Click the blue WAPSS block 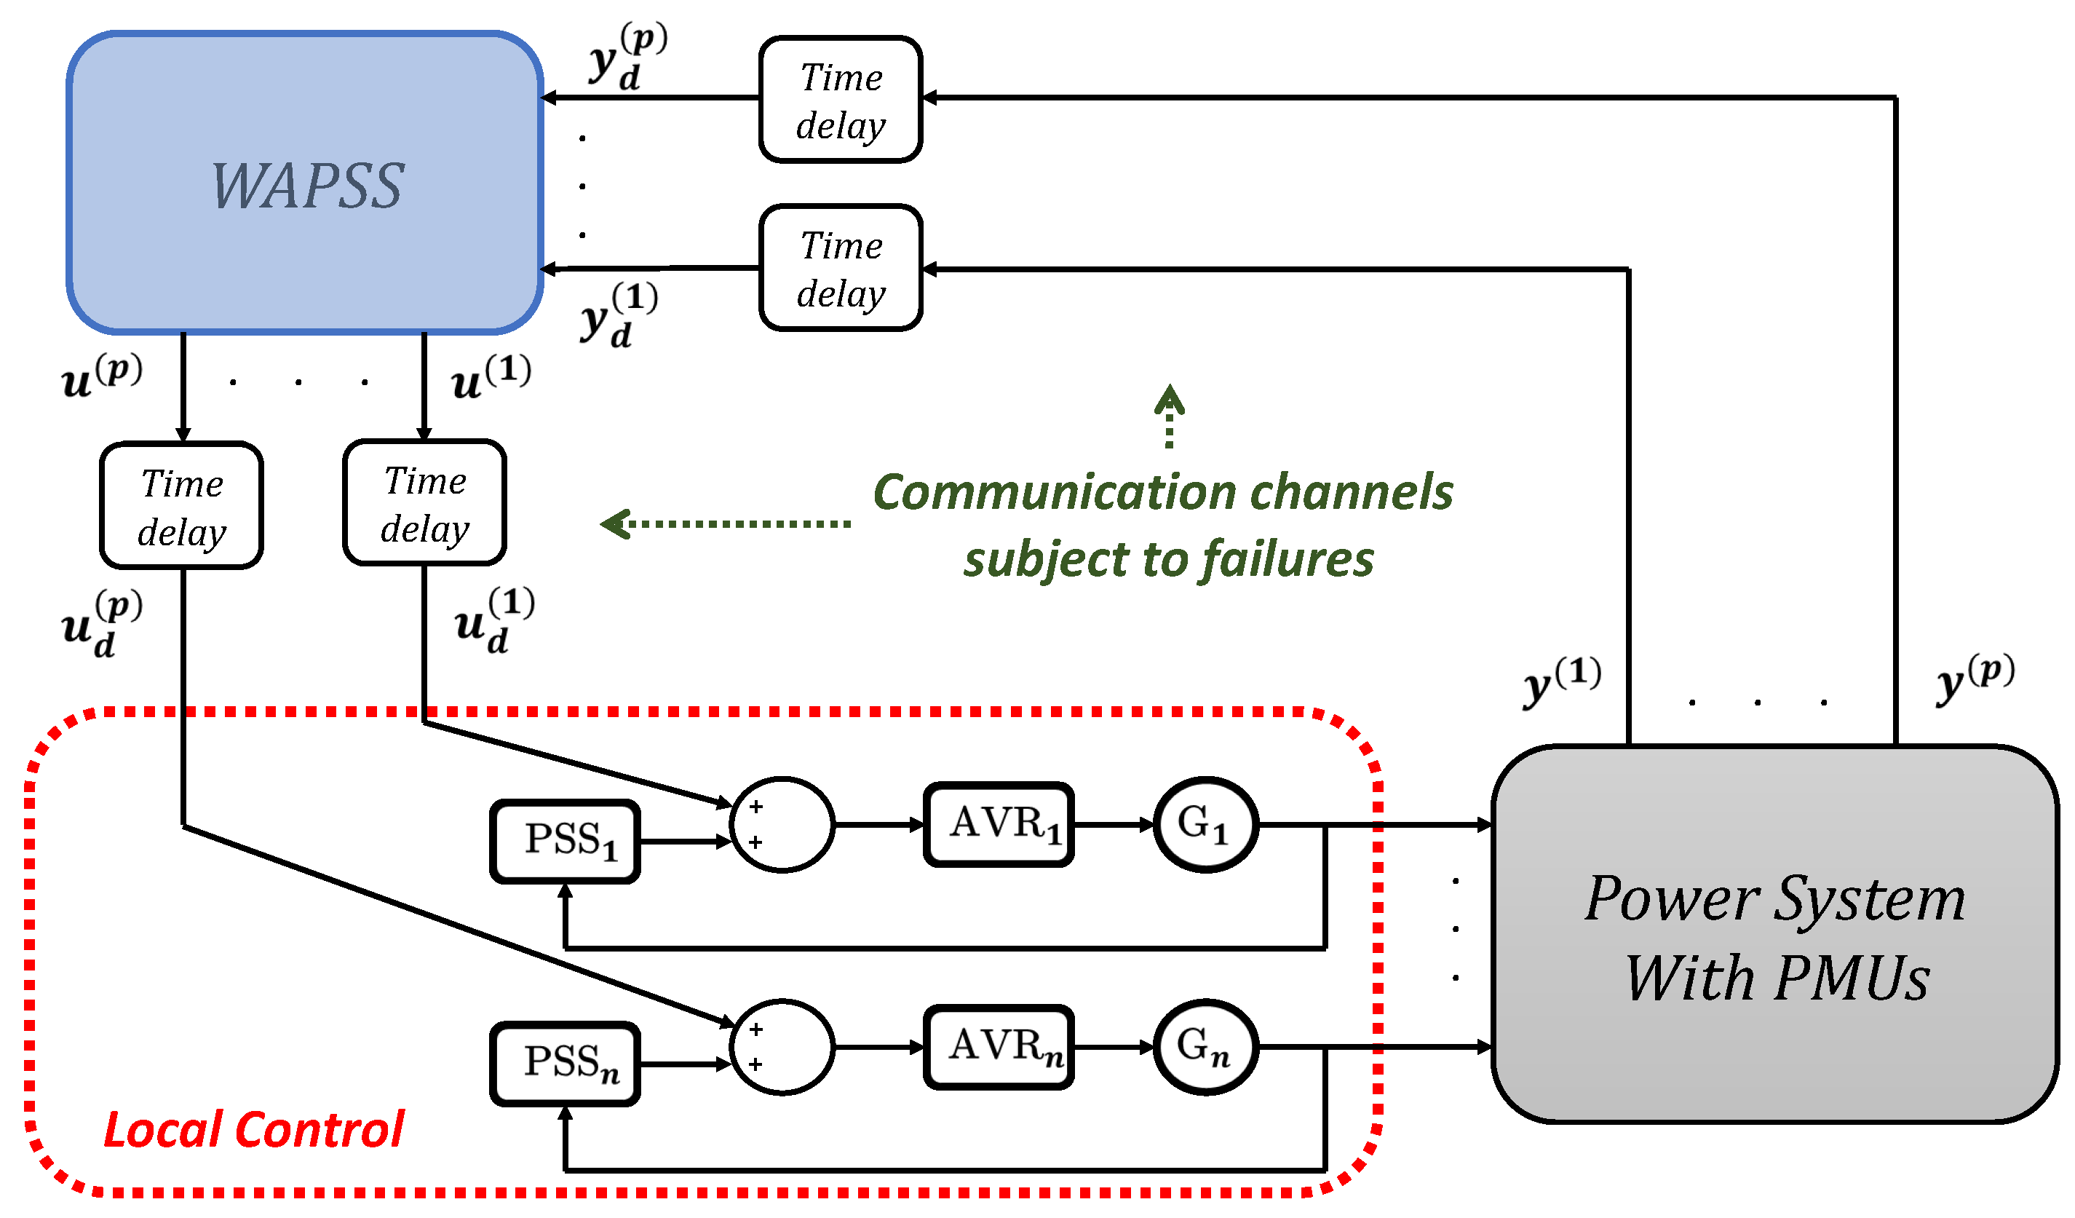[305, 183]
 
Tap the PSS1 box [566, 842]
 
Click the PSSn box [566, 1064]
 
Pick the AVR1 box [999, 824]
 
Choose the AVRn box [999, 1047]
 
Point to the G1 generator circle [1205, 824]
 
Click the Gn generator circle [1205, 1047]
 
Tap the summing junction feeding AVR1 [782, 824]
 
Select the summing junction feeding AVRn [782, 1047]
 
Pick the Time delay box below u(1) [425, 502]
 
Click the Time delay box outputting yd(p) [841, 100]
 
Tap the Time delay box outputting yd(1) [841, 269]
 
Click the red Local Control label [253, 1129]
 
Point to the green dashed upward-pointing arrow [1170, 416]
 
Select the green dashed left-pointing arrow [725, 523]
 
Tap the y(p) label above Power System [1974, 679]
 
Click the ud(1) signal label [494, 621]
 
